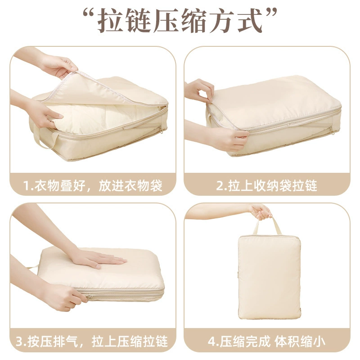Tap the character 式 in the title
tap(250, 21)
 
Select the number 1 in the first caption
tap(27, 186)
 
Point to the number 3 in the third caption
tap(20, 342)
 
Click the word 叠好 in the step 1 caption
tap(73, 186)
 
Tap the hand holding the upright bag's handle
tap(261, 211)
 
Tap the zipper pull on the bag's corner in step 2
tap(332, 130)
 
